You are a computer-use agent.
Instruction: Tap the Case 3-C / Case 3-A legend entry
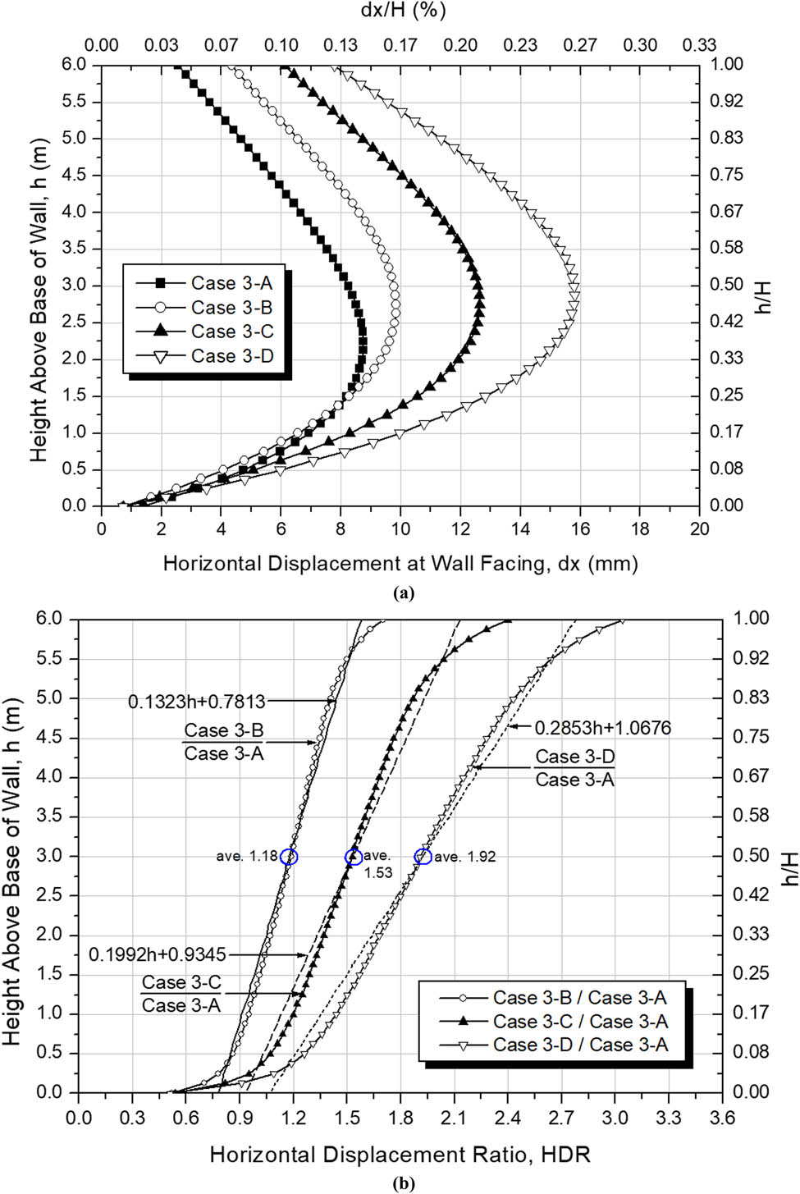tap(579, 1022)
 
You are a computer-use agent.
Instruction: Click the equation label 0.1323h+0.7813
tap(197, 702)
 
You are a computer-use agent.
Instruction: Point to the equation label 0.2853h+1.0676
tap(602, 728)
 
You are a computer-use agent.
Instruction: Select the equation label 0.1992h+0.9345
tap(158, 955)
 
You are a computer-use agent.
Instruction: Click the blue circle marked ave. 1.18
tap(289, 857)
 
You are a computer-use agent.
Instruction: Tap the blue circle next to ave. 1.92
tap(423, 857)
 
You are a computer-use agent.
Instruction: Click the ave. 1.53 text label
tap(377, 864)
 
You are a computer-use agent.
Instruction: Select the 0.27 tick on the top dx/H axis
tap(579, 45)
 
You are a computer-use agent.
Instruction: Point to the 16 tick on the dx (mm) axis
tap(580, 529)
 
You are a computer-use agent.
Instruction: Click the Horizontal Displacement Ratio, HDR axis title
tap(400, 1155)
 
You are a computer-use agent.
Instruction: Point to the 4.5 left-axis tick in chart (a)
tap(74, 175)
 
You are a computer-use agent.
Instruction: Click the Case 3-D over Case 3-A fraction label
tap(574, 768)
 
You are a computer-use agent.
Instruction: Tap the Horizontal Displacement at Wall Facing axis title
tap(400, 564)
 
